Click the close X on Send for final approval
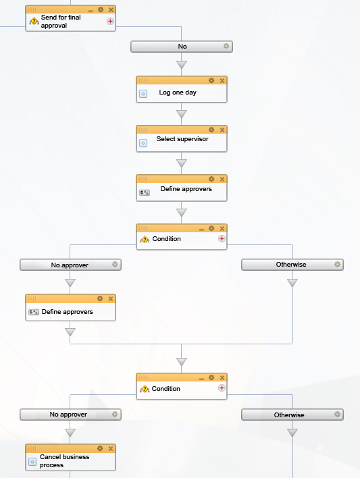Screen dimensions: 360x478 (111, 9)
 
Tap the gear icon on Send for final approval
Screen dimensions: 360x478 (101, 9)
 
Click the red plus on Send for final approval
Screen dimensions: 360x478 (111, 22)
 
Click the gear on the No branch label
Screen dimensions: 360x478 (226, 46)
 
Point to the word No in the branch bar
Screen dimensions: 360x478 (182, 47)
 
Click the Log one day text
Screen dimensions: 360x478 (178, 92)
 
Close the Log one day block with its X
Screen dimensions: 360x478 (222, 81)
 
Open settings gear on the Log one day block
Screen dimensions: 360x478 (211, 80)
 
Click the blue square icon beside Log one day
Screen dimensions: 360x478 (143, 94)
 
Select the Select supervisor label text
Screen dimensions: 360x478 (182, 139)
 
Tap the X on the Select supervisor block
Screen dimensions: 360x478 (222, 130)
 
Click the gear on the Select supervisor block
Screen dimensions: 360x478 (211, 130)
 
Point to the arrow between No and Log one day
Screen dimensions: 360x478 (182, 64)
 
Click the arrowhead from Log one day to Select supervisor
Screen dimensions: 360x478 (182, 114)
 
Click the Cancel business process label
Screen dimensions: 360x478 (64, 461)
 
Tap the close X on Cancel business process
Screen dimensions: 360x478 (111, 449)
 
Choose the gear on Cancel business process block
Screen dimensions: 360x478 (100, 448)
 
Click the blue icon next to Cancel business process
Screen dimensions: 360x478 (32, 462)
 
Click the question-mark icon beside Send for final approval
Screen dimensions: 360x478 (34, 22)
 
